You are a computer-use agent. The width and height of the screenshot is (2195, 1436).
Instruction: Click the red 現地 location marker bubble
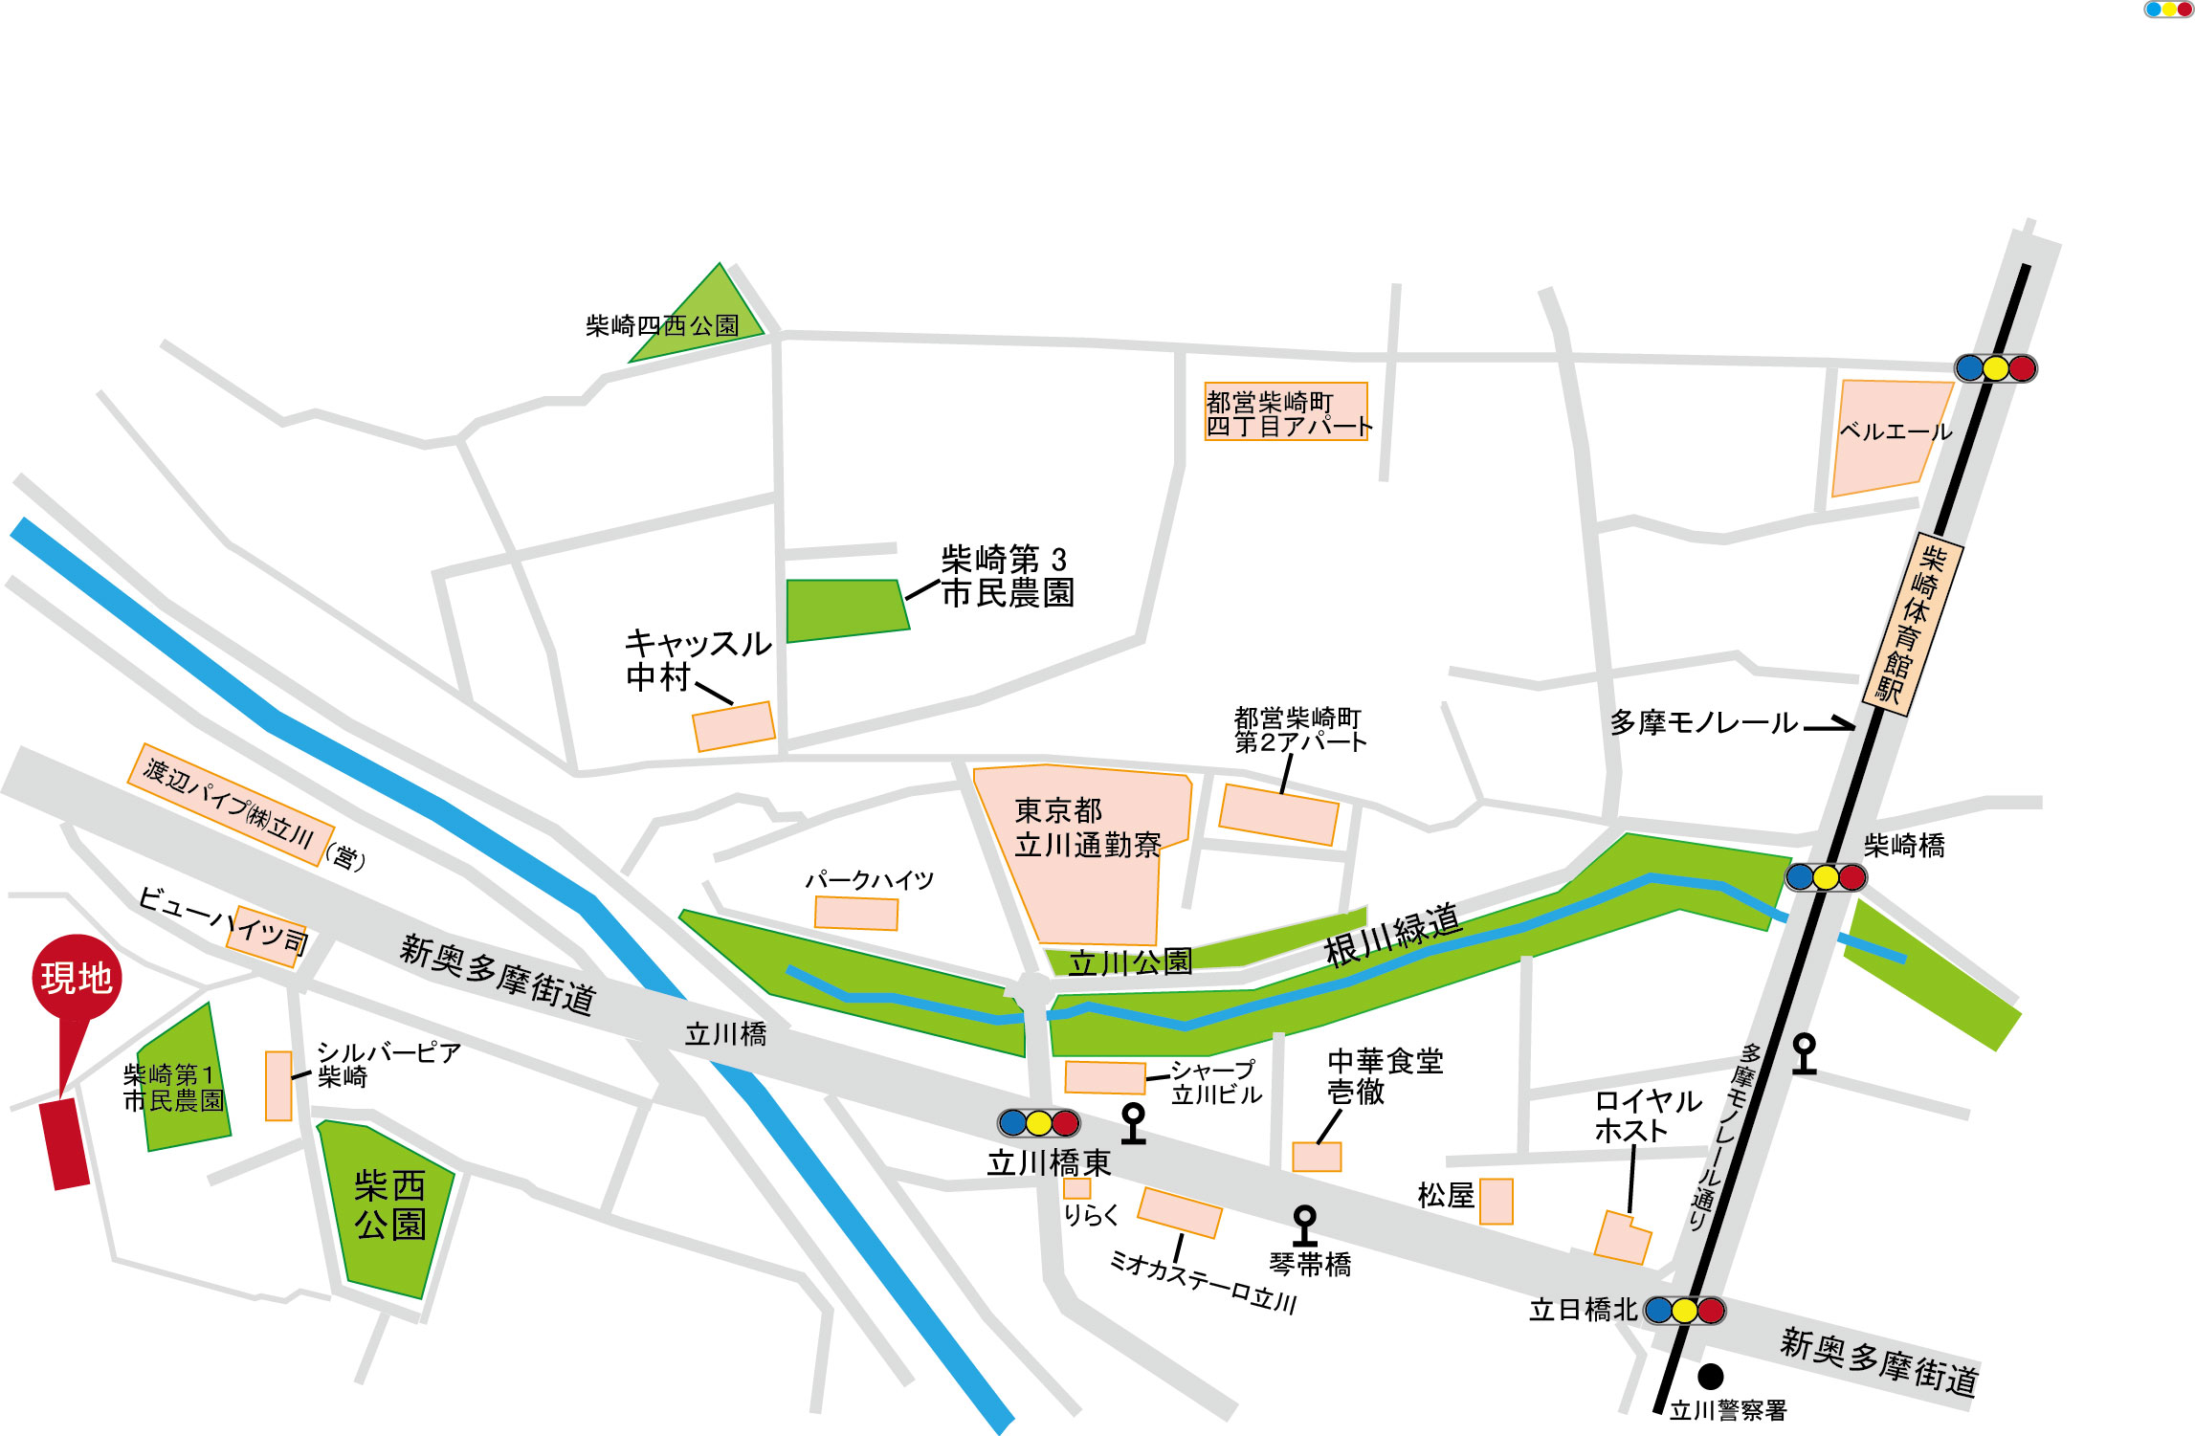(x=77, y=978)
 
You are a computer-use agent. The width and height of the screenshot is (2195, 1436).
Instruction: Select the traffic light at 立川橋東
(x=1038, y=1122)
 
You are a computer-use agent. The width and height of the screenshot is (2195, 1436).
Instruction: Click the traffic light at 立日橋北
(x=1684, y=1310)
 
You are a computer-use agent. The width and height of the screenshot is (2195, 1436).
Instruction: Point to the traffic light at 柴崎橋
(x=1826, y=876)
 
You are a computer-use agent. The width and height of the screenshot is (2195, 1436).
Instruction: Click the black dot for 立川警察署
(x=1710, y=1377)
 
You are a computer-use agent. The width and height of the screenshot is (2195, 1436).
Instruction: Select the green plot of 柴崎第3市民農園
(x=845, y=609)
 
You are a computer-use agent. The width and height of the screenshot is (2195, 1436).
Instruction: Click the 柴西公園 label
(x=389, y=1205)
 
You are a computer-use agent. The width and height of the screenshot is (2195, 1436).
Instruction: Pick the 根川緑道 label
(x=1392, y=935)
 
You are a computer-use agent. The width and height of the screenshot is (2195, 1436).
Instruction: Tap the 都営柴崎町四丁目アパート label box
(x=1286, y=412)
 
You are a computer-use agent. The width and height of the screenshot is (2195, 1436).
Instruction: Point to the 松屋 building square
(x=1496, y=1201)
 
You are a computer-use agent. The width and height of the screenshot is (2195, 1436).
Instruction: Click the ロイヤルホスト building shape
(x=1622, y=1238)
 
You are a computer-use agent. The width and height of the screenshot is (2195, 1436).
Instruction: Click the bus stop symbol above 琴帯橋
(x=1304, y=1225)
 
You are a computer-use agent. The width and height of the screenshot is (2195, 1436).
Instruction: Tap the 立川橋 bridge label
(x=725, y=1034)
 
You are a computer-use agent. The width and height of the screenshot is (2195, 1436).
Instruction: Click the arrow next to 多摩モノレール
(x=1829, y=724)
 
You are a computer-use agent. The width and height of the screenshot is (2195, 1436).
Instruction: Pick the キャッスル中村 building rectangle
(x=734, y=727)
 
